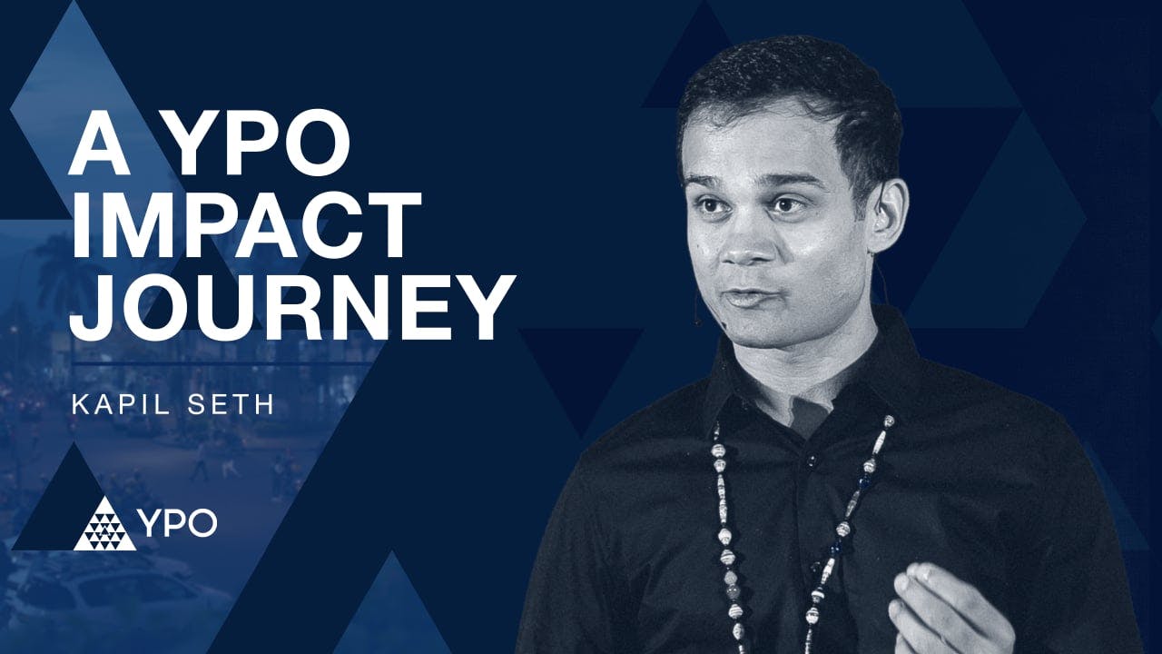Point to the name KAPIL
[x=118, y=403]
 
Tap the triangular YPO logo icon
[x=104, y=525]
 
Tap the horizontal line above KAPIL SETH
[x=222, y=362]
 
